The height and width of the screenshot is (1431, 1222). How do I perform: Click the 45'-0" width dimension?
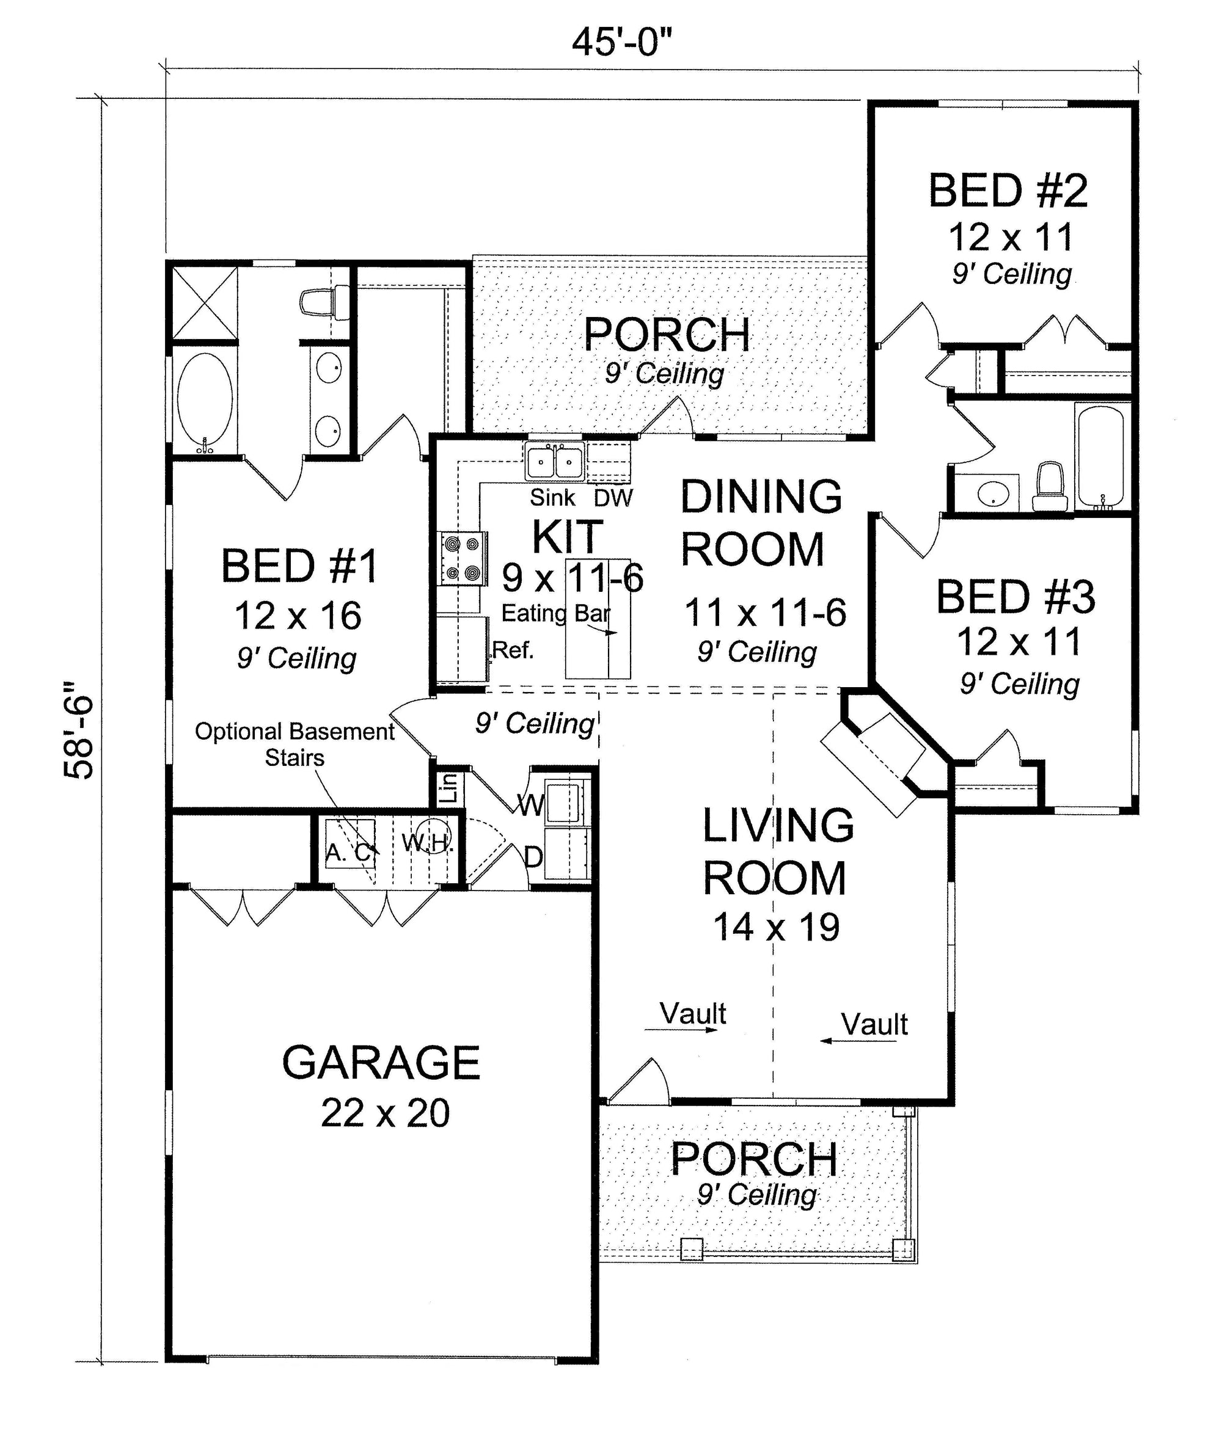click(x=622, y=42)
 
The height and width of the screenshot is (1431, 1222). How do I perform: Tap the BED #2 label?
click(x=1008, y=191)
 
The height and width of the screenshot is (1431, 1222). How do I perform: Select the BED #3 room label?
click(x=1015, y=597)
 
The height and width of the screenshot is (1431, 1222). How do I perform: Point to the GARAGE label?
click(x=381, y=1062)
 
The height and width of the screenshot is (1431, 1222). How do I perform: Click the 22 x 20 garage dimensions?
click(x=385, y=1113)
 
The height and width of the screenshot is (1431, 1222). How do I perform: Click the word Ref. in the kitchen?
click(x=513, y=650)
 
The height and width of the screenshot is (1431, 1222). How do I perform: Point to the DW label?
click(x=613, y=498)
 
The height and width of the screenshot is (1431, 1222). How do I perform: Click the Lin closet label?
click(x=449, y=787)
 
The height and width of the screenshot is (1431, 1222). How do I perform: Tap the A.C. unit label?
click(x=350, y=854)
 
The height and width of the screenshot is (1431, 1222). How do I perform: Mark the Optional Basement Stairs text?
click(x=295, y=745)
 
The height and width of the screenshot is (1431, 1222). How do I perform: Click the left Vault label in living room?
click(x=693, y=1014)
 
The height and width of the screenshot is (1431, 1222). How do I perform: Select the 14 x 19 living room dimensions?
click(x=777, y=928)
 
